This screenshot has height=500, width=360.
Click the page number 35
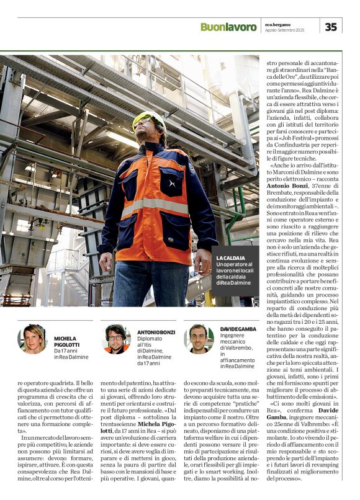[x=331, y=26]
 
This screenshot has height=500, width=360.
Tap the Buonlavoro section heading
[x=228, y=27]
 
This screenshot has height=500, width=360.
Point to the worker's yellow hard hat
[x=148, y=118]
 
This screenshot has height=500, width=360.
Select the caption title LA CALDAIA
[x=230, y=257]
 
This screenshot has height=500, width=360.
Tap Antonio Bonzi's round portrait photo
[x=115, y=339]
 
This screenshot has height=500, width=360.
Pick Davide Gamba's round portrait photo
[x=198, y=339]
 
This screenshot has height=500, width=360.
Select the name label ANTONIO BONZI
[x=156, y=332]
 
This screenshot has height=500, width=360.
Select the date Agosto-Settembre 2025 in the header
[x=292, y=30]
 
